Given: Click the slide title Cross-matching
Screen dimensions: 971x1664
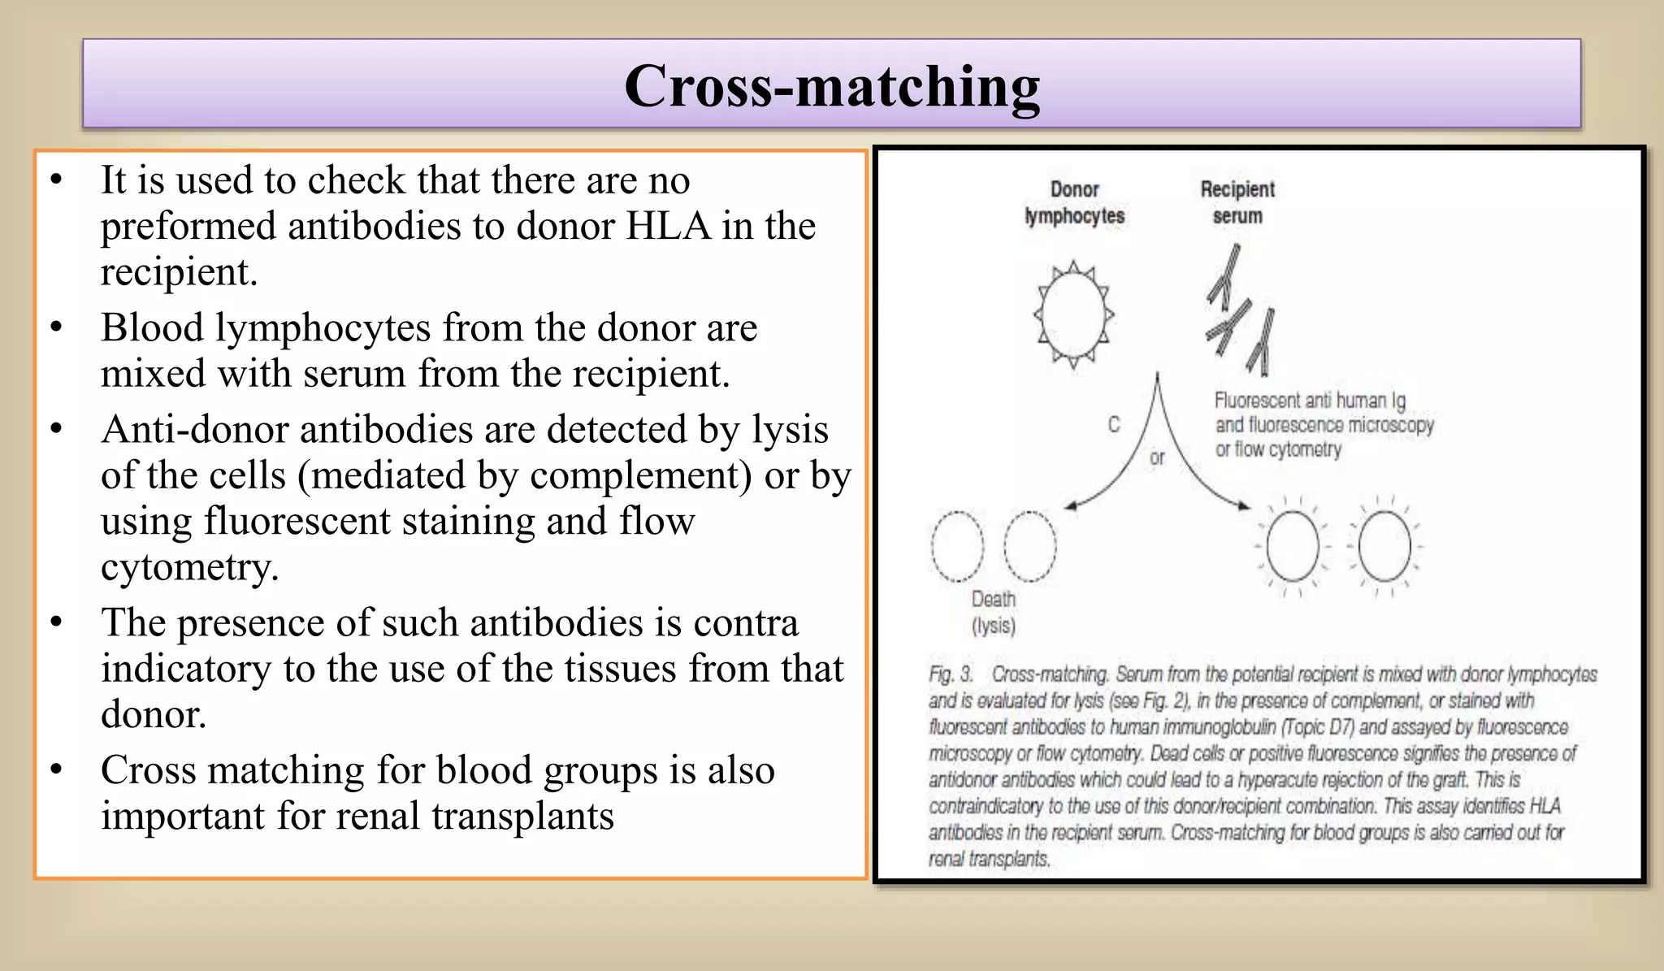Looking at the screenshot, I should [x=831, y=86].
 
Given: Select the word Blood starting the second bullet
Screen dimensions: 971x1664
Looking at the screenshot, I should [x=152, y=328].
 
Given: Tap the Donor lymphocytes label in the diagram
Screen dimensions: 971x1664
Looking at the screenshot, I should [x=1074, y=202].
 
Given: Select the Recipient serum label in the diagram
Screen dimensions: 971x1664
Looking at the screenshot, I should [x=1237, y=202].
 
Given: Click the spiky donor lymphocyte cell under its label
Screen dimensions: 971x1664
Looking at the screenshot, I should [x=1073, y=314].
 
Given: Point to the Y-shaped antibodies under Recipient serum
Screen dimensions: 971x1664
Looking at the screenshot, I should [x=1240, y=312].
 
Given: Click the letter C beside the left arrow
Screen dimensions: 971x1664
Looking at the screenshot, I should [x=1114, y=424].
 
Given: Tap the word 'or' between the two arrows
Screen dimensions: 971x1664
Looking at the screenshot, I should [x=1157, y=458].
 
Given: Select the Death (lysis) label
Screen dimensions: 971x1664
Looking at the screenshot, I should [x=994, y=612].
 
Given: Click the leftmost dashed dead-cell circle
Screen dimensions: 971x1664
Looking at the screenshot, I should [x=957, y=546].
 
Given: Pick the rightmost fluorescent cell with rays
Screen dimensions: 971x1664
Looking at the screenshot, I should [x=1384, y=546].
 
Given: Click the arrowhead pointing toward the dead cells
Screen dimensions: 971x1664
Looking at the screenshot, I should [x=1070, y=506].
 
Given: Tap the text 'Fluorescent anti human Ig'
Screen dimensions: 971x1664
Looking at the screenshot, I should [x=1310, y=401].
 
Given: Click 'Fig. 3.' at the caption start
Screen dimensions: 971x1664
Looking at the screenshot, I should [x=951, y=674].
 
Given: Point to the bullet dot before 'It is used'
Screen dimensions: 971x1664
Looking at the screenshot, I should [x=56, y=180].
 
